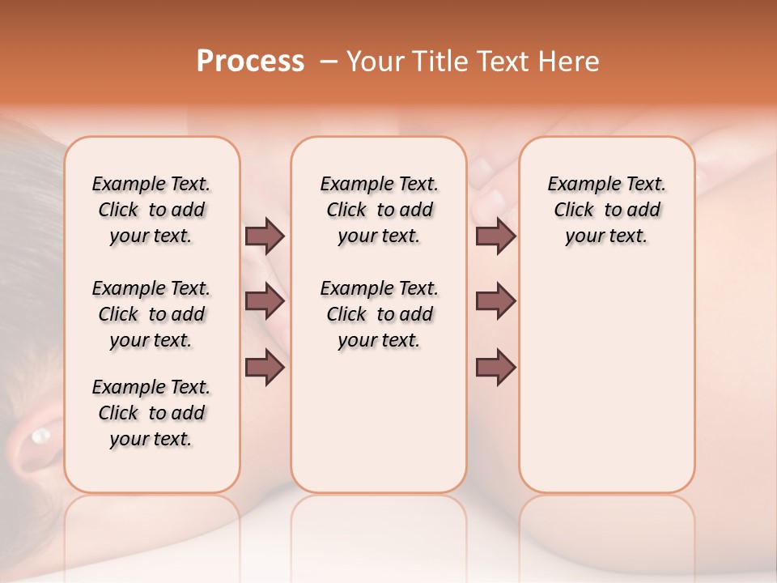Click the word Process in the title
click(250, 62)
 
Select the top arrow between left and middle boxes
click(265, 236)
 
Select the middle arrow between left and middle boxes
click(265, 302)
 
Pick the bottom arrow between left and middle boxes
click(265, 368)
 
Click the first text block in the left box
click(151, 210)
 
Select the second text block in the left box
click(151, 314)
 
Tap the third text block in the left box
click(151, 413)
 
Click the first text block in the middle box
click(380, 210)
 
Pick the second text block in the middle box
click(380, 314)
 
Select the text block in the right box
click(607, 210)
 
